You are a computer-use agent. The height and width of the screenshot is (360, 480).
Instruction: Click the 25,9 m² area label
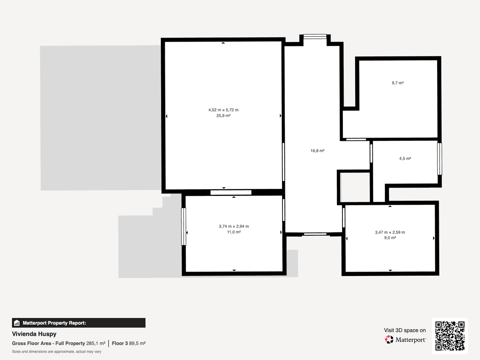click(x=223, y=116)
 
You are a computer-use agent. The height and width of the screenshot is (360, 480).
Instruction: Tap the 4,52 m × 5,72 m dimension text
click(x=223, y=110)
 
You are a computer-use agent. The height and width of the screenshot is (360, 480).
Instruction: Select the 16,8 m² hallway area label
click(x=317, y=151)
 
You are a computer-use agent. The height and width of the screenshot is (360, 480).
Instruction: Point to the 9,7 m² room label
click(x=398, y=83)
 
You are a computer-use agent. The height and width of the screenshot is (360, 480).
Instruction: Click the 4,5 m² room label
click(x=405, y=158)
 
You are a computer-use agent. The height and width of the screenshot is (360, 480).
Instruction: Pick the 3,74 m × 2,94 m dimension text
click(x=234, y=226)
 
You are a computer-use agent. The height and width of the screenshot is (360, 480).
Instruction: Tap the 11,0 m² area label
click(x=234, y=232)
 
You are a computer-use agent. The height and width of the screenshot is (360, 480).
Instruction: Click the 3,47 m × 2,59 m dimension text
click(x=390, y=232)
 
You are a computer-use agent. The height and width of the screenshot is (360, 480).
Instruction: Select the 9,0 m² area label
click(x=390, y=238)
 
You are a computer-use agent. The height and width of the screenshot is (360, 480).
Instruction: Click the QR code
click(x=450, y=336)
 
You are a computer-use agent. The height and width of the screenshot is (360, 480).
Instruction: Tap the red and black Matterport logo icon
click(x=389, y=340)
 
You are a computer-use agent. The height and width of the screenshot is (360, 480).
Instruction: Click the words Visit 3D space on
click(x=405, y=330)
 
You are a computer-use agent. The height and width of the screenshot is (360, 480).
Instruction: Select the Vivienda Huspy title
click(x=34, y=334)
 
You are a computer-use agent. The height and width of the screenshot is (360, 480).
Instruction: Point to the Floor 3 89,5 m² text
click(x=128, y=343)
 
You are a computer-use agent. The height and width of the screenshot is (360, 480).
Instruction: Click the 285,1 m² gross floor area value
click(x=96, y=343)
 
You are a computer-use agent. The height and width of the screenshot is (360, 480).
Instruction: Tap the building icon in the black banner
click(x=17, y=323)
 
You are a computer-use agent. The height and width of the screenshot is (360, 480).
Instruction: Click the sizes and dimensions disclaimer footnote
click(x=56, y=352)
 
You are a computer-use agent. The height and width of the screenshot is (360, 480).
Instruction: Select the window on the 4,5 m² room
click(x=440, y=159)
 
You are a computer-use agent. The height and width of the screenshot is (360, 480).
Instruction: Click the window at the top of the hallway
click(x=315, y=36)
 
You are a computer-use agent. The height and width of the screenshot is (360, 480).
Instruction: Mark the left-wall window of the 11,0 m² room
click(x=184, y=226)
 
